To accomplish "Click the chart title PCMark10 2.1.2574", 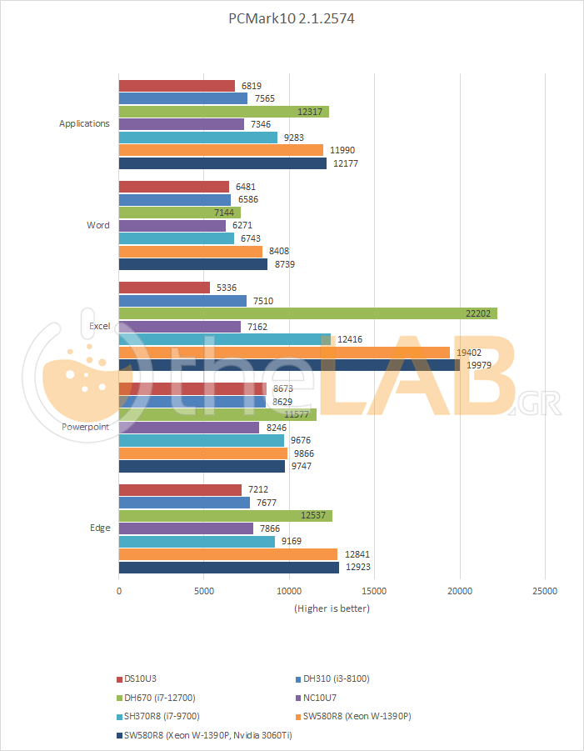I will pos(292,19).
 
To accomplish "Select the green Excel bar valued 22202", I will pos(307,313).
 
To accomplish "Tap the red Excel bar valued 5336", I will pos(164,287).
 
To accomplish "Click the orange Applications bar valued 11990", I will pos(221,150).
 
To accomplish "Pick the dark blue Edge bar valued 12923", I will pos(229,568).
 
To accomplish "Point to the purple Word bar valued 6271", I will pos(172,225).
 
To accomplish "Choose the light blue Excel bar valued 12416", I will pos(225,339).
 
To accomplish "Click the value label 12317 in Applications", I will pos(311,111).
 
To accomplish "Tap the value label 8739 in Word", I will pos(284,264).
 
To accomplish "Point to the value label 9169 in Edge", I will pos(292,541).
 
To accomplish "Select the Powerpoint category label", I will pos(85,427).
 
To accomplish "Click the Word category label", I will pos(97,225).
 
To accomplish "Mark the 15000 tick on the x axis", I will pos(375,591).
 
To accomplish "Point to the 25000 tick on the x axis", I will pos(545,591).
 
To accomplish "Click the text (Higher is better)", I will pos(332,608).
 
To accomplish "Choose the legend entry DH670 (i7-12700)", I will pos(162,697).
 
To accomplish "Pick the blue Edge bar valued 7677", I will pos(184,503).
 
